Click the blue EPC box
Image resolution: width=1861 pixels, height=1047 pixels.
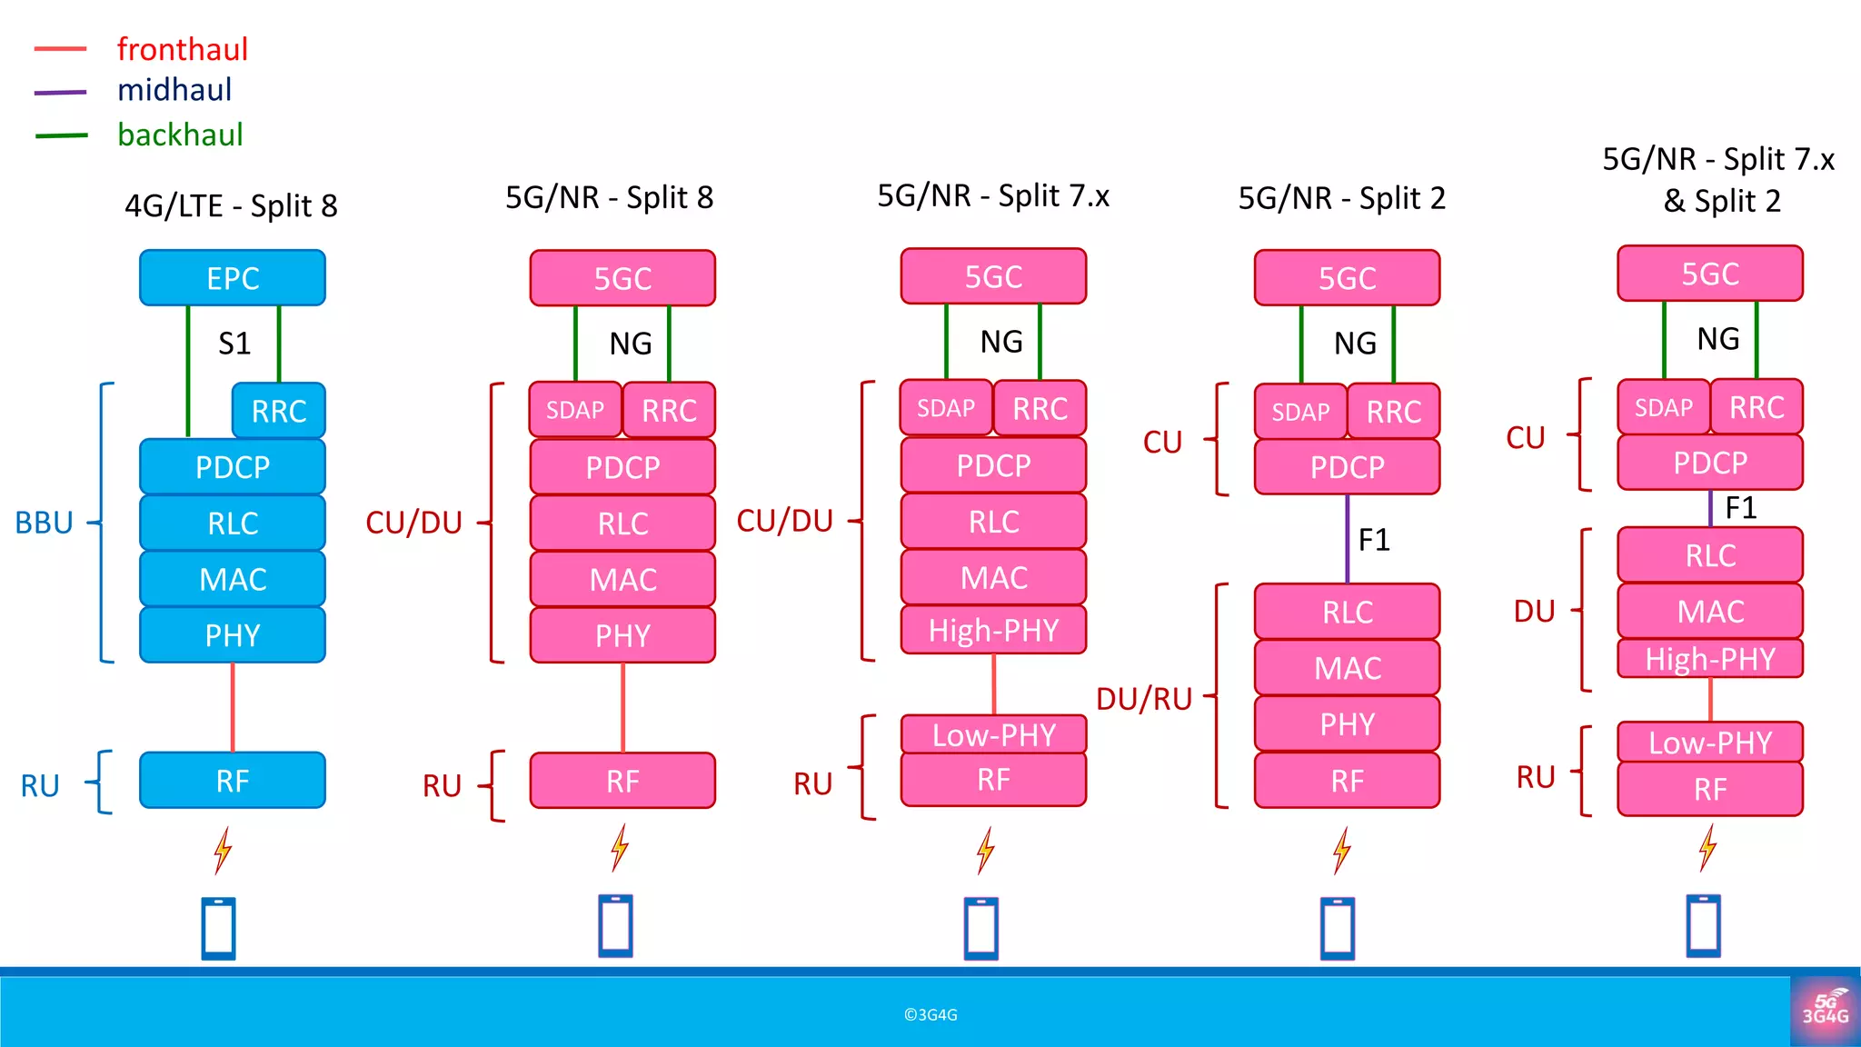pyautogui.click(x=233, y=278)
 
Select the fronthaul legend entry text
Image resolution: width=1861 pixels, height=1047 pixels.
pyautogui.click(x=182, y=49)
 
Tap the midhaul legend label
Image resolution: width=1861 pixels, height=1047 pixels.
pyautogui.click(x=174, y=90)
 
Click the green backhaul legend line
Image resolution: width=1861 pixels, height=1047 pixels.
pyautogui.click(x=62, y=135)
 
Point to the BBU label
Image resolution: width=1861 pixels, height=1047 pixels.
pyautogui.click(x=44, y=523)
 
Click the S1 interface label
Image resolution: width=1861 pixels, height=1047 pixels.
pyautogui.click(x=234, y=344)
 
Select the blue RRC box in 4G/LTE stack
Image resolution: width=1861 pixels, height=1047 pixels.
pyautogui.click(x=278, y=411)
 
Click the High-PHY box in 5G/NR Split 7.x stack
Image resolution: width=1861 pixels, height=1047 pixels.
pyautogui.click(x=993, y=630)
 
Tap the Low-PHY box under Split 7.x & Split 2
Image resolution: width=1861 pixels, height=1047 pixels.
pyautogui.click(x=1709, y=743)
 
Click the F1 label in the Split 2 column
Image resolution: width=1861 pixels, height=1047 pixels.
pyautogui.click(x=1374, y=540)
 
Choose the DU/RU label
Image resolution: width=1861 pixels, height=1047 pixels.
pyautogui.click(x=1144, y=699)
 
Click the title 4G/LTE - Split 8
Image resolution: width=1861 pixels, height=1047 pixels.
pyautogui.click(x=231, y=206)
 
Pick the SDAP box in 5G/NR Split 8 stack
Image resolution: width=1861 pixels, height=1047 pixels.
pyautogui.click(x=575, y=410)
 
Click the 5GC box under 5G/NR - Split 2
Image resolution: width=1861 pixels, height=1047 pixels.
pyautogui.click(x=1347, y=278)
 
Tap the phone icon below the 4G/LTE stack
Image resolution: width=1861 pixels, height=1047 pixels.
pyautogui.click(x=218, y=928)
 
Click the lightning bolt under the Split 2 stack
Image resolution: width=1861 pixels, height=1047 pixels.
pyautogui.click(x=1341, y=851)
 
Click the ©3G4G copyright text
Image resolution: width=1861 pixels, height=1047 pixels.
pyautogui.click(x=930, y=1015)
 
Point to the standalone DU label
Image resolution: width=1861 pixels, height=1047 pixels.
pyautogui.click(x=1534, y=612)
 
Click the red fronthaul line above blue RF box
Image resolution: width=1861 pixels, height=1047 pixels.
pyautogui.click(x=233, y=707)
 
